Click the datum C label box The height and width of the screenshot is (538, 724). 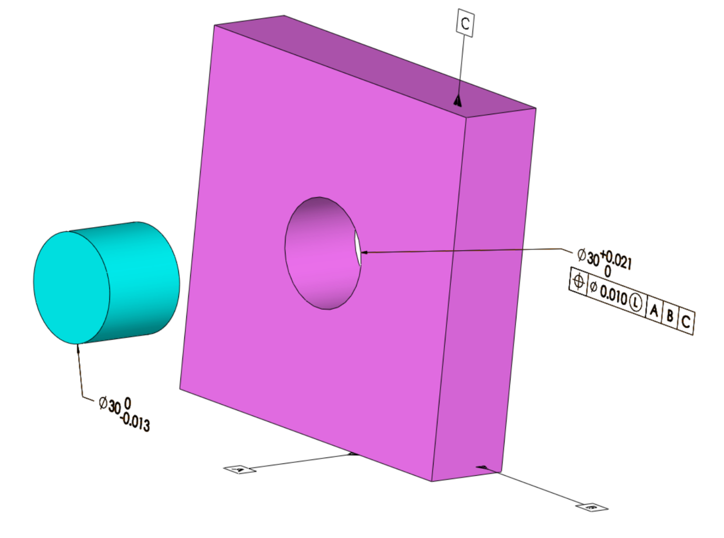(465, 23)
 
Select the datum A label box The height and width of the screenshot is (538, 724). (240, 469)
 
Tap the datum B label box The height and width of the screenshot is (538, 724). (592, 508)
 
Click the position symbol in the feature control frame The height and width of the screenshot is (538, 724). (578, 282)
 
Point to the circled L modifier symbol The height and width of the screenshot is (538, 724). (635, 302)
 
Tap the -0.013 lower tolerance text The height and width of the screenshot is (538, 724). (135, 422)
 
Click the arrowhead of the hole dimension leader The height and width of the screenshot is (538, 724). (364, 253)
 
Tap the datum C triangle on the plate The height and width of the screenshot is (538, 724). (457, 102)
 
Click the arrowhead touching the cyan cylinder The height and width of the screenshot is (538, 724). (78, 348)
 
